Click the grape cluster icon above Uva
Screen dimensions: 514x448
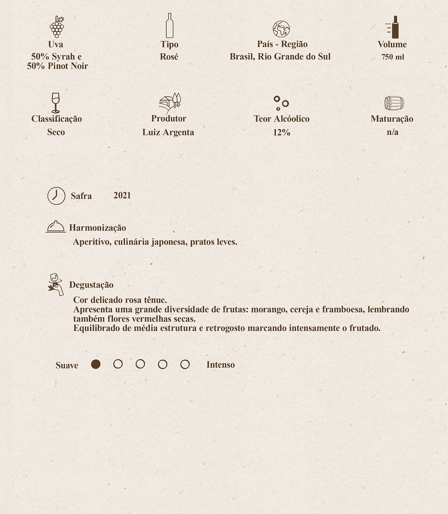click(x=56, y=27)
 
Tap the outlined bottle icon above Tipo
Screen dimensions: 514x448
click(x=169, y=26)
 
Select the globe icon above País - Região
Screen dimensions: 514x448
click(x=281, y=29)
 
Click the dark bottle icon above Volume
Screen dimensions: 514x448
click(x=394, y=27)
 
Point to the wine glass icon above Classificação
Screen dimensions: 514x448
click(x=55, y=103)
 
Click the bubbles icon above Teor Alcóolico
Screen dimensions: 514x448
click(x=281, y=103)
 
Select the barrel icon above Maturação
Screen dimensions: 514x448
click(x=394, y=103)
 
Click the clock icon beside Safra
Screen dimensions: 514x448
click(x=56, y=196)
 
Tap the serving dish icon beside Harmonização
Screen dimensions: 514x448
click(x=56, y=226)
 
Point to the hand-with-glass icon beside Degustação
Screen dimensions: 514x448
click(x=56, y=284)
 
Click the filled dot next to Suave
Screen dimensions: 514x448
click(x=96, y=364)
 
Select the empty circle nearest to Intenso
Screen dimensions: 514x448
click(x=185, y=365)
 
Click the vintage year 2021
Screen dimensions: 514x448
click(x=122, y=196)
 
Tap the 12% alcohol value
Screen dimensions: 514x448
click(x=282, y=132)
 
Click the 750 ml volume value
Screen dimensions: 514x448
click(x=393, y=57)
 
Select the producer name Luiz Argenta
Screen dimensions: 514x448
click(x=168, y=132)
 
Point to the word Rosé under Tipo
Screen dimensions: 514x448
click(x=169, y=57)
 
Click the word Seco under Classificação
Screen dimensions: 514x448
click(x=56, y=132)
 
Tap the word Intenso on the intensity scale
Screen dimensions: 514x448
click(x=220, y=365)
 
